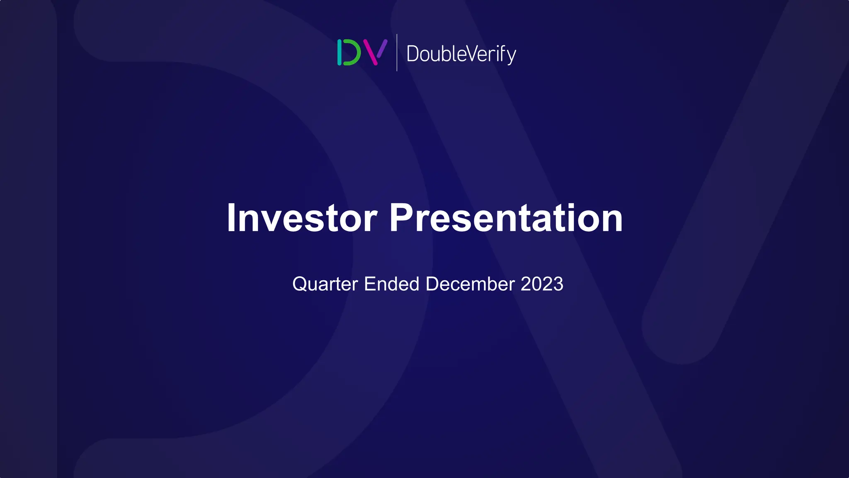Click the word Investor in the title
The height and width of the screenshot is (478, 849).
coord(302,218)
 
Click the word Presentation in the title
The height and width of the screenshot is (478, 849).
coord(506,218)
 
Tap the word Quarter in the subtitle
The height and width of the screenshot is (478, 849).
coord(325,285)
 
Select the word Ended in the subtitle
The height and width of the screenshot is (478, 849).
coord(391,284)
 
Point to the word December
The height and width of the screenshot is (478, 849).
coord(470,284)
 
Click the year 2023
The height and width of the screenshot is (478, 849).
coord(542,284)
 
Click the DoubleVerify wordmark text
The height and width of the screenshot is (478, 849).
coord(461,54)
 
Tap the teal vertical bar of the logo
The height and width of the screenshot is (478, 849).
coord(340,52)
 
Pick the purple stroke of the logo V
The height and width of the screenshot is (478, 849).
coord(382,48)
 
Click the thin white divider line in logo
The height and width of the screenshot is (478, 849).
coord(397,52)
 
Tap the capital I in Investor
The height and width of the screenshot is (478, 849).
coord(231,218)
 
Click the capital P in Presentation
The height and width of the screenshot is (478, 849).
coord(401,218)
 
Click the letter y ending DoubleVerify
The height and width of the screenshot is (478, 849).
coord(511,56)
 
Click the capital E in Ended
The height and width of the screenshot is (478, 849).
coord(369,284)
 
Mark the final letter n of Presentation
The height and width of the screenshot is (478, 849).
coord(612,220)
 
